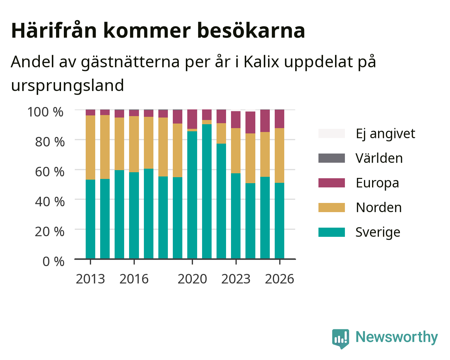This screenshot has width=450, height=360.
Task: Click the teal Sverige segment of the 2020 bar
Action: (x=192, y=195)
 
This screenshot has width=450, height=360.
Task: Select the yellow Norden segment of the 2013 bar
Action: (x=90, y=147)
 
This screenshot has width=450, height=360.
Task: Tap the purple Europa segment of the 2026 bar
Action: (x=279, y=119)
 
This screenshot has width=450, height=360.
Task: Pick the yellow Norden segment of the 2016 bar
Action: (x=134, y=144)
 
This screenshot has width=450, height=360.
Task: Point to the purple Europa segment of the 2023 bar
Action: (x=236, y=120)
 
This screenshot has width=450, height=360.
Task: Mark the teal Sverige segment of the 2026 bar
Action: (x=279, y=221)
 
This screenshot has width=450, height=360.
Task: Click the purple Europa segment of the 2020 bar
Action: (x=192, y=119)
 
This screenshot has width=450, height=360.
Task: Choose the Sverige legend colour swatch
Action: (x=332, y=232)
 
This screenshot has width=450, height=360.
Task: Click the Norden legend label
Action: (x=379, y=208)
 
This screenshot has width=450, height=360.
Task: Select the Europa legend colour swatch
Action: (x=332, y=183)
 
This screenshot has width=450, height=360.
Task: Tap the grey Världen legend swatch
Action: (x=332, y=158)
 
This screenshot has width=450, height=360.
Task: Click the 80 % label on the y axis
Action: (x=50, y=142)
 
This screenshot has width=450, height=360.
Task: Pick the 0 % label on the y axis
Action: (x=53, y=262)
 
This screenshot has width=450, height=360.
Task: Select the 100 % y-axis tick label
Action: (x=45, y=112)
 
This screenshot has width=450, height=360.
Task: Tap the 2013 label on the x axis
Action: (x=90, y=279)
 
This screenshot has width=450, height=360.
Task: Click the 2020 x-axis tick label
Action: (x=192, y=279)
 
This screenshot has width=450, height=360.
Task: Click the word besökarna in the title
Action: (x=251, y=30)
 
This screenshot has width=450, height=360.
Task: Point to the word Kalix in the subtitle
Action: (x=261, y=62)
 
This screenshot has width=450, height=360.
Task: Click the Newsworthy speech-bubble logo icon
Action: (x=340, y=339)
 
